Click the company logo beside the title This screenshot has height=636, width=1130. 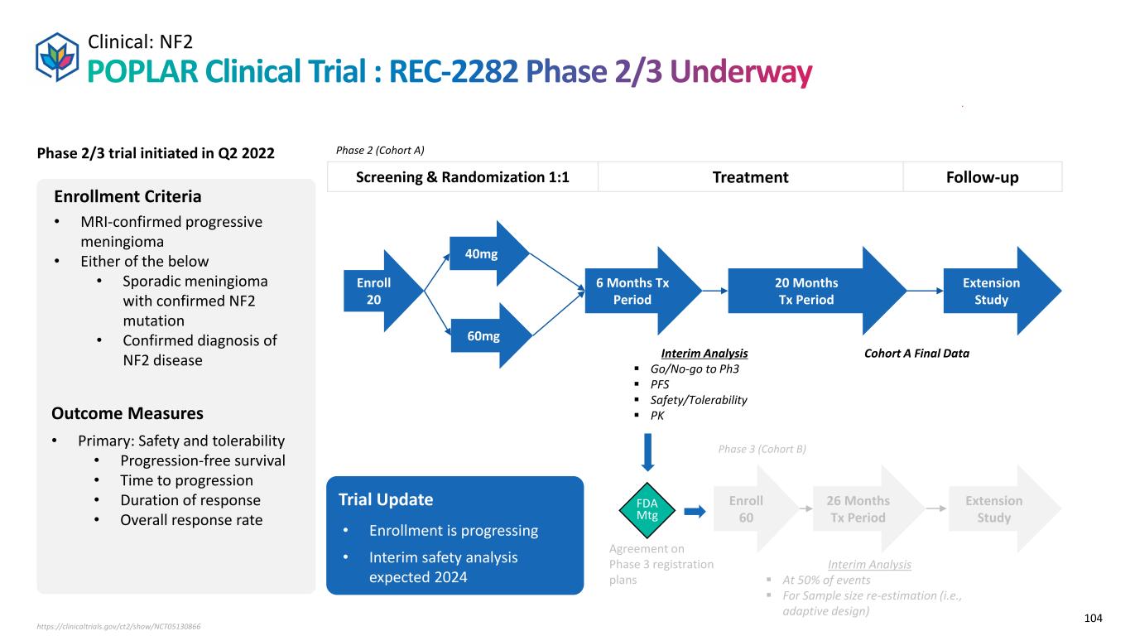click(58, 55)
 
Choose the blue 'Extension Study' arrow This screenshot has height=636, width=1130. click(994, 291)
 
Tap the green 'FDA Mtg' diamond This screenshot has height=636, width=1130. click(648, 508)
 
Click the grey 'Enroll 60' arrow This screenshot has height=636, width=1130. click(748, 508)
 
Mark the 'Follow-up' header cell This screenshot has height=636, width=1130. click(983, 177)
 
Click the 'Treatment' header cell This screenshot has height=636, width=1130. click(749, 177)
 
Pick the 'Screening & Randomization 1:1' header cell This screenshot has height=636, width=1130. click(462, 177)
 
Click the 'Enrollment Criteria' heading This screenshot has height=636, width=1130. click(127, 197)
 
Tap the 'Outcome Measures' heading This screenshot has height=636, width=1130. click(127, 412)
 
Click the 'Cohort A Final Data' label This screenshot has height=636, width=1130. click(916, 353)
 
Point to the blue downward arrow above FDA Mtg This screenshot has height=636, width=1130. click(648, 452)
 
